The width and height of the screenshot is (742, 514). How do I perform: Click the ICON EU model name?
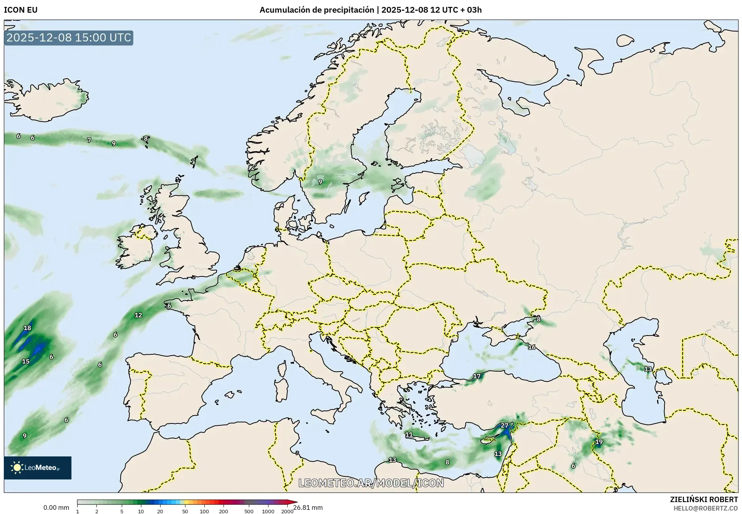pos(21,10)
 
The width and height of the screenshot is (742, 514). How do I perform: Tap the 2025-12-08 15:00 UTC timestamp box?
pos(69,38)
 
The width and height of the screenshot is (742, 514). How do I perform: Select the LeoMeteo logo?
pos(38,468)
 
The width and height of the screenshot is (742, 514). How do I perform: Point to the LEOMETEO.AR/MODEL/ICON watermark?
pos(371,483)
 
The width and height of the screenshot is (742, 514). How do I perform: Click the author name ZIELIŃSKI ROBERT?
pos(704,499)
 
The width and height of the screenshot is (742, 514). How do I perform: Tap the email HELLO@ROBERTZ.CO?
pos(706,508)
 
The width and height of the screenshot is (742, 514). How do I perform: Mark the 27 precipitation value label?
pos(504,425)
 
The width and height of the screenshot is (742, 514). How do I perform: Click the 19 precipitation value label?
pos(599,442)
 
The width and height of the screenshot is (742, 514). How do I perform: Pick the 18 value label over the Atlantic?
pos(27,328)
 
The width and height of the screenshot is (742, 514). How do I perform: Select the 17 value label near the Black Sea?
pos(477,376)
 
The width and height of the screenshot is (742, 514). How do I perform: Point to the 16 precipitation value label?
pos(532,347)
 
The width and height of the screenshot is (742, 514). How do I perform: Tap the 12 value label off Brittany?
pos(138,315)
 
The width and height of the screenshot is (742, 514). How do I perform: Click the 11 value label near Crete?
pos(409,435)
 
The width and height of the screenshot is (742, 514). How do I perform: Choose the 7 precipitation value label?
pos(89,140)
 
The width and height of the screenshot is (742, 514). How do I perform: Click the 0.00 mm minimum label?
pos(56,507)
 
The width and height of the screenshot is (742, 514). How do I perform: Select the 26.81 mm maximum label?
pos(308,507)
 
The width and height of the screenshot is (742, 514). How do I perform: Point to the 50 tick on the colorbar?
pos(185,511)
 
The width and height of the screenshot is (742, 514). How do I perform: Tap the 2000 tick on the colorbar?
pos(287,511)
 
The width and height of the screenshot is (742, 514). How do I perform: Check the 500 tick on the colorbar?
pos(249,511)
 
